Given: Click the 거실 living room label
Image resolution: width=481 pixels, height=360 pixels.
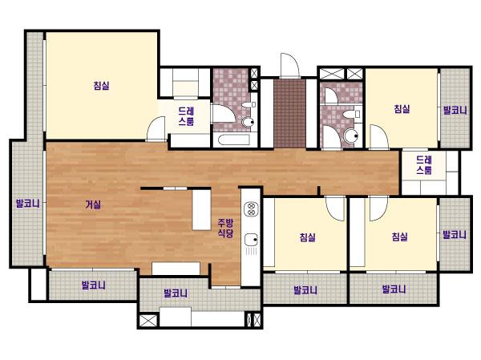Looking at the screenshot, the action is (93, 204).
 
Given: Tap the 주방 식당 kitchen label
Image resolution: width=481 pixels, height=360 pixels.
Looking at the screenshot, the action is (225, 228).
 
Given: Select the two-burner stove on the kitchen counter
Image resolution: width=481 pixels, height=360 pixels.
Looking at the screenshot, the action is (251, 209).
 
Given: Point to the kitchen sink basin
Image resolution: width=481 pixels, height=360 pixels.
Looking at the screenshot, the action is (252, 240).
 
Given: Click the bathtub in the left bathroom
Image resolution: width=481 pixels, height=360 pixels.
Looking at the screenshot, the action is (236, 140).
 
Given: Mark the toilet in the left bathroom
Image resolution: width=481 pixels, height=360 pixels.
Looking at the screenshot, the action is (248, 122).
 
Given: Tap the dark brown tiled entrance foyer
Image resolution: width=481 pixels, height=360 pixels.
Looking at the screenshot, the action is (290, 114).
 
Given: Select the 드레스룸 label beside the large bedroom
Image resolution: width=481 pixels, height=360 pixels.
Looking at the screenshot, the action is (186, 116).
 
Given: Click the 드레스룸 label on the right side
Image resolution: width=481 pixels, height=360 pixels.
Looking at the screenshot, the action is (424, 165).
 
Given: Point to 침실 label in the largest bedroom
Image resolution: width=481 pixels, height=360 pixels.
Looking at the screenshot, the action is (101, 85).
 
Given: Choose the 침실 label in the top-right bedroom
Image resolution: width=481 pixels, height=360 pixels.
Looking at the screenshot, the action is (402, 109).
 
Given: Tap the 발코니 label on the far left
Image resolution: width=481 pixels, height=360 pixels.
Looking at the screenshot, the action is (27, 203).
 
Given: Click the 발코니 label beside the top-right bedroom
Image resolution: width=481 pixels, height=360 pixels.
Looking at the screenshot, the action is (455, 110).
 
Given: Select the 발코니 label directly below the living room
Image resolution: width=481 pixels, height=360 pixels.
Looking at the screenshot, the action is (94, 285).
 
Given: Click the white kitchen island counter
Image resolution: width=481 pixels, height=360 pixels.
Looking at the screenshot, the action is (201, 210).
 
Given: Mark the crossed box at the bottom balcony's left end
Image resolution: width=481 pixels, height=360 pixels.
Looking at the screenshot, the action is (148, 320).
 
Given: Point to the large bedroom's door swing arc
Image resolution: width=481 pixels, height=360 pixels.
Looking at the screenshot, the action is (156, 128).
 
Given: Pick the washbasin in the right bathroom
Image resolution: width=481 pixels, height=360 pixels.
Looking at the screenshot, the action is (349, 115).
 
